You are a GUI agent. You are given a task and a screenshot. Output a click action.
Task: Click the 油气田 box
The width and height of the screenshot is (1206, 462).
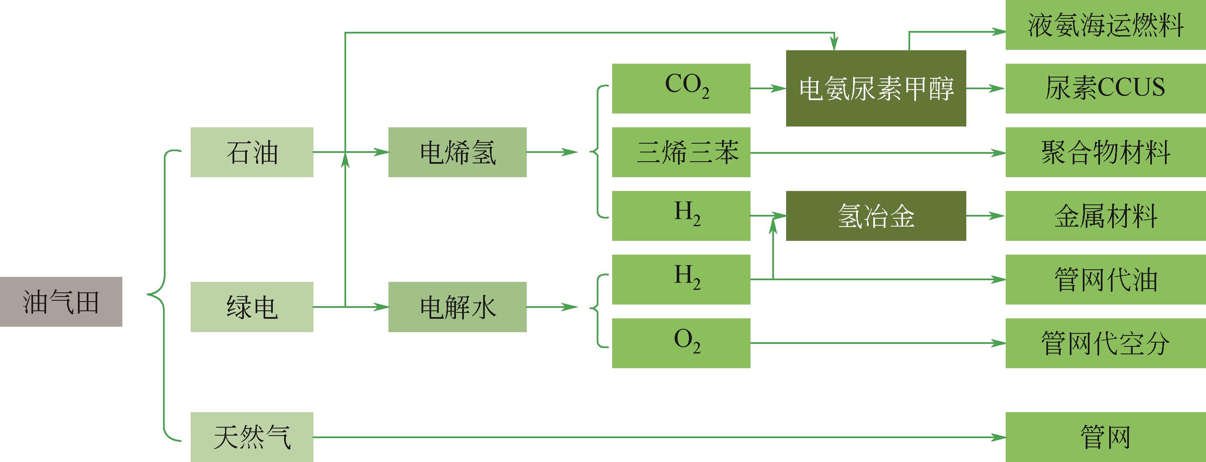click(61, 302)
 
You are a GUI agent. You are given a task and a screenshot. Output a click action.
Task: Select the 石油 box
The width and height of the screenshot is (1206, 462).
click(252, 152)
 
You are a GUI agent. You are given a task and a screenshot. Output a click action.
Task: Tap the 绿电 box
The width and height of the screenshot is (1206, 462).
click(252, 307)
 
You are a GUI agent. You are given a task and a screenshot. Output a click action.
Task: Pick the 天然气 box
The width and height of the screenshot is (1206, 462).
click(252, 437)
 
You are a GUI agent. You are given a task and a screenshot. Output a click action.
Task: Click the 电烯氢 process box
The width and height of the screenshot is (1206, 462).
click(458, 152)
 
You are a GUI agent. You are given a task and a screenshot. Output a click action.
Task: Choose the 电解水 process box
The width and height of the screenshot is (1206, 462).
click(458, 307)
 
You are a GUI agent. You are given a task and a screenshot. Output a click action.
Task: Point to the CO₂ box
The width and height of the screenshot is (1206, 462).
click(681, 88)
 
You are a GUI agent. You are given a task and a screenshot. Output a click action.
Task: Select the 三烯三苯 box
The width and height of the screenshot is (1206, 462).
click(681, 152)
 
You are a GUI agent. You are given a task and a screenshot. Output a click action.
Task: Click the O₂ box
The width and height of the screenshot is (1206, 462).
click(681, 343)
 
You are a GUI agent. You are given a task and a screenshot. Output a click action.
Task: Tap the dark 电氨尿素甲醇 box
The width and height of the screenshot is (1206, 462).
click(876, 88)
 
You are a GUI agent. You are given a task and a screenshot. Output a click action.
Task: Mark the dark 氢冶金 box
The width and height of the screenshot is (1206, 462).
click(876, 216)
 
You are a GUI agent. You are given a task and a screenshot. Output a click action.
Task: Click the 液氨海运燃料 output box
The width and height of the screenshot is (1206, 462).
click(1106, 25)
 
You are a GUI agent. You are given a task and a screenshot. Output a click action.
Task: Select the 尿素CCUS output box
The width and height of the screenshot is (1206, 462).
click(1106, 88)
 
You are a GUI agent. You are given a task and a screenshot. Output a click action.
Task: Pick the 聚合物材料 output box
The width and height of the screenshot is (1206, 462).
click(1106, 152)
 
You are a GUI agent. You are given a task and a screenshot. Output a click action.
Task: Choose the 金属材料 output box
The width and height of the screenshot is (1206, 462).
click(1106, 216)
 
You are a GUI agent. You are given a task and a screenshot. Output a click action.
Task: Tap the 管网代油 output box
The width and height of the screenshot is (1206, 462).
click(1106, 279)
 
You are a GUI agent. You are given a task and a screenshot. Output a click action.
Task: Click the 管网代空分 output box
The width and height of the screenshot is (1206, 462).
click(1106, 343)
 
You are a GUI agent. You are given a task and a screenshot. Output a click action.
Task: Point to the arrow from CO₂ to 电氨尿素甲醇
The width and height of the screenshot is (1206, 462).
click(768, 88)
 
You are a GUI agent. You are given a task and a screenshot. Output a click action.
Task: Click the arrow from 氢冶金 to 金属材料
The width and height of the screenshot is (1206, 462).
click(986, 216)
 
